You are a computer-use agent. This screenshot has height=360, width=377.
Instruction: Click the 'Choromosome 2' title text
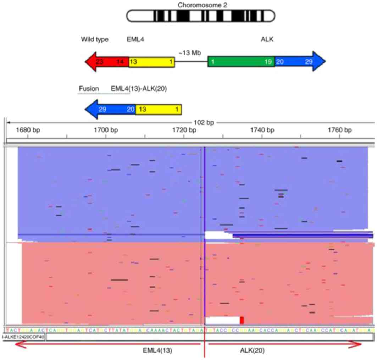[201, 5]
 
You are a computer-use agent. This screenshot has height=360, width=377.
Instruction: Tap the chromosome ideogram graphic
[201, 16]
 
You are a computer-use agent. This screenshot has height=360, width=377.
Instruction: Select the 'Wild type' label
[94, 39]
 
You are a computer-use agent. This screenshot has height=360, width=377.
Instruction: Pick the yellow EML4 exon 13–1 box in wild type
[151, 62]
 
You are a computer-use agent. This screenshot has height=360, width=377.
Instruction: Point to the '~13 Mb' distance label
[189, 53]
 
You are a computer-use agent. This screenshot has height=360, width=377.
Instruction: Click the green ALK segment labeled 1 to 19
[241, 62]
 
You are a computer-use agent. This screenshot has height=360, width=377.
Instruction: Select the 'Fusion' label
[89, 89]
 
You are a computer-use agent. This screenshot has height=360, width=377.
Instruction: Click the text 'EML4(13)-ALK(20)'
[139, 89]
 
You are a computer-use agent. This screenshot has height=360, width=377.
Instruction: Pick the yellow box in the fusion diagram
[159, 109]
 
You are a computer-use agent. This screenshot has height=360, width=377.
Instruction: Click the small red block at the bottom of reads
[242, 320]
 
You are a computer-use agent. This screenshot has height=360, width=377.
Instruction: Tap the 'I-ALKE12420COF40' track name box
[23, 337]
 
